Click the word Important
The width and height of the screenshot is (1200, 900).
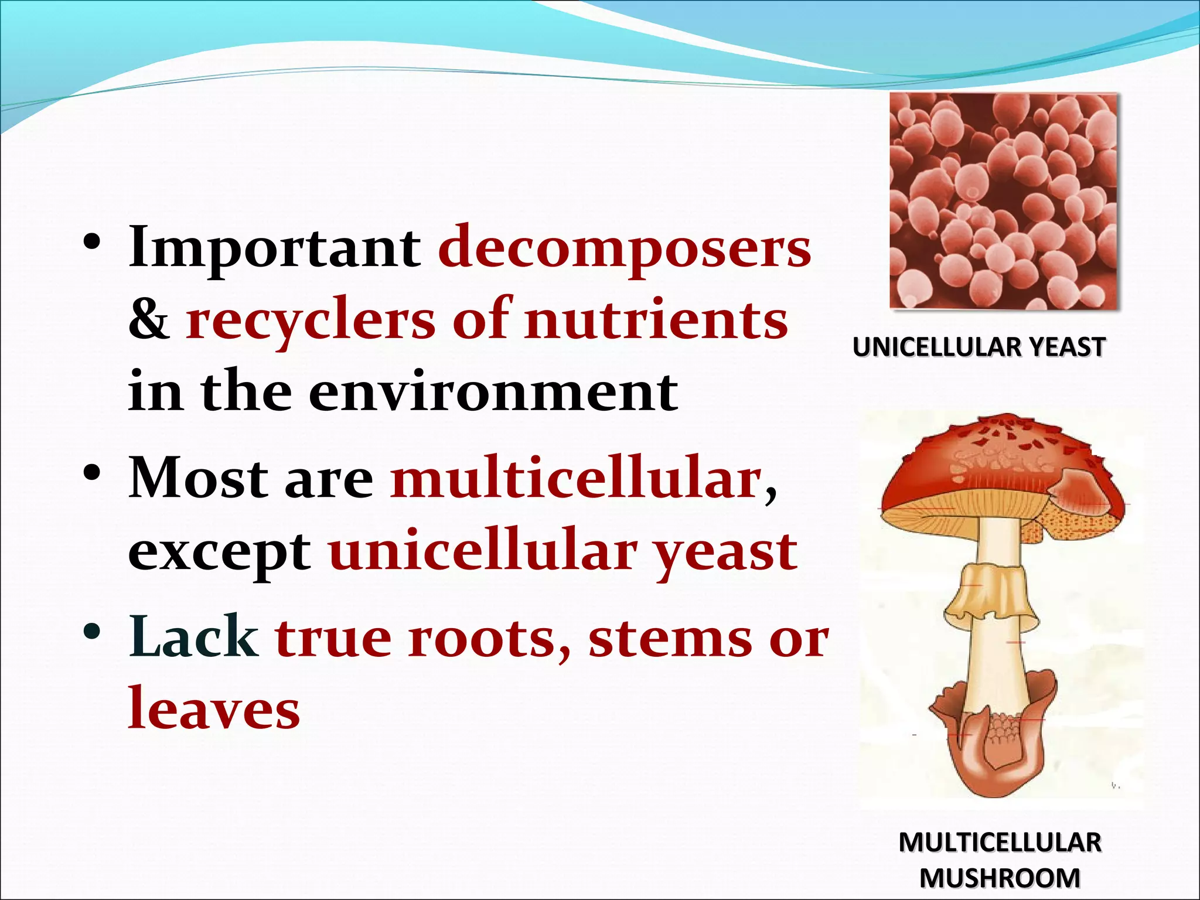click(274, 248)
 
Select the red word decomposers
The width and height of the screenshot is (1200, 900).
click(625, 248)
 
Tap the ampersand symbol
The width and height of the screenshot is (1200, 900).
click(149, 321)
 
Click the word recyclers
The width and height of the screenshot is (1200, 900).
click(311, 321)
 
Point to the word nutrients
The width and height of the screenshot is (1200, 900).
click(656, 321)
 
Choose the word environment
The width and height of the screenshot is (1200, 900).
click(493, 392)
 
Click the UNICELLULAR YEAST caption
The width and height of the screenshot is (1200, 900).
click(979, 347)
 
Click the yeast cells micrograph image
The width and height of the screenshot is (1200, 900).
click(1004, 200)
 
